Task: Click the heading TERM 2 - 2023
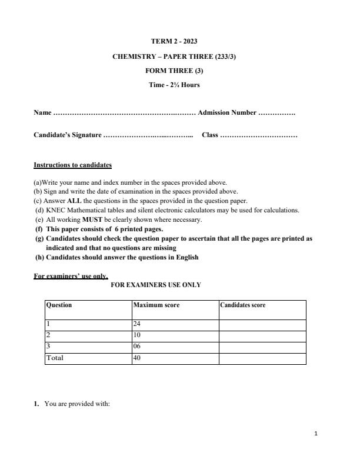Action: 174,41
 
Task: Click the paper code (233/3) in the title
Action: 222,56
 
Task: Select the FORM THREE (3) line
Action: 174,71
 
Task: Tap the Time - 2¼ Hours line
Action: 174,85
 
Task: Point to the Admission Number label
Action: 227,112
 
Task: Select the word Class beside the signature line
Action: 210,135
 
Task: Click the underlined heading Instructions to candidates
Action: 72,165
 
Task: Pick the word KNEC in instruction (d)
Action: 55,210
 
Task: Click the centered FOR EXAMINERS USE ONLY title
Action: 156,285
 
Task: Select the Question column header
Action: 59,305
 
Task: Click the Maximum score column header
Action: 156,305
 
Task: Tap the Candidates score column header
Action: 242,305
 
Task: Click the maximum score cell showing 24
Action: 138,324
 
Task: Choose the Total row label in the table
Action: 55,358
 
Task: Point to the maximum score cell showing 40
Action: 138,358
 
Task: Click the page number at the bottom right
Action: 316,434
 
